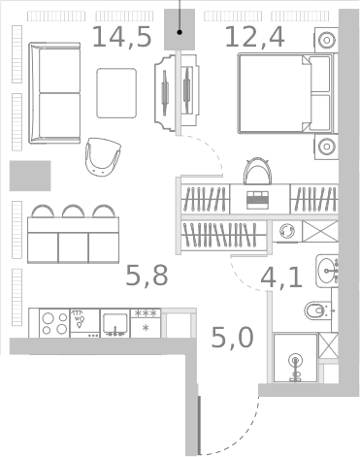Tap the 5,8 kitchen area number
click(147, 277)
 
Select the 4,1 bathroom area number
click(280, 278)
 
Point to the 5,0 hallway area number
click(233, 338)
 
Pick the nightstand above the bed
click(325, 41)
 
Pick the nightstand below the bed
click(325, 147)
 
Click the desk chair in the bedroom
click(257, 172)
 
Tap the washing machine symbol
click(286, 233)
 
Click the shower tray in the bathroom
click(296, 358)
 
